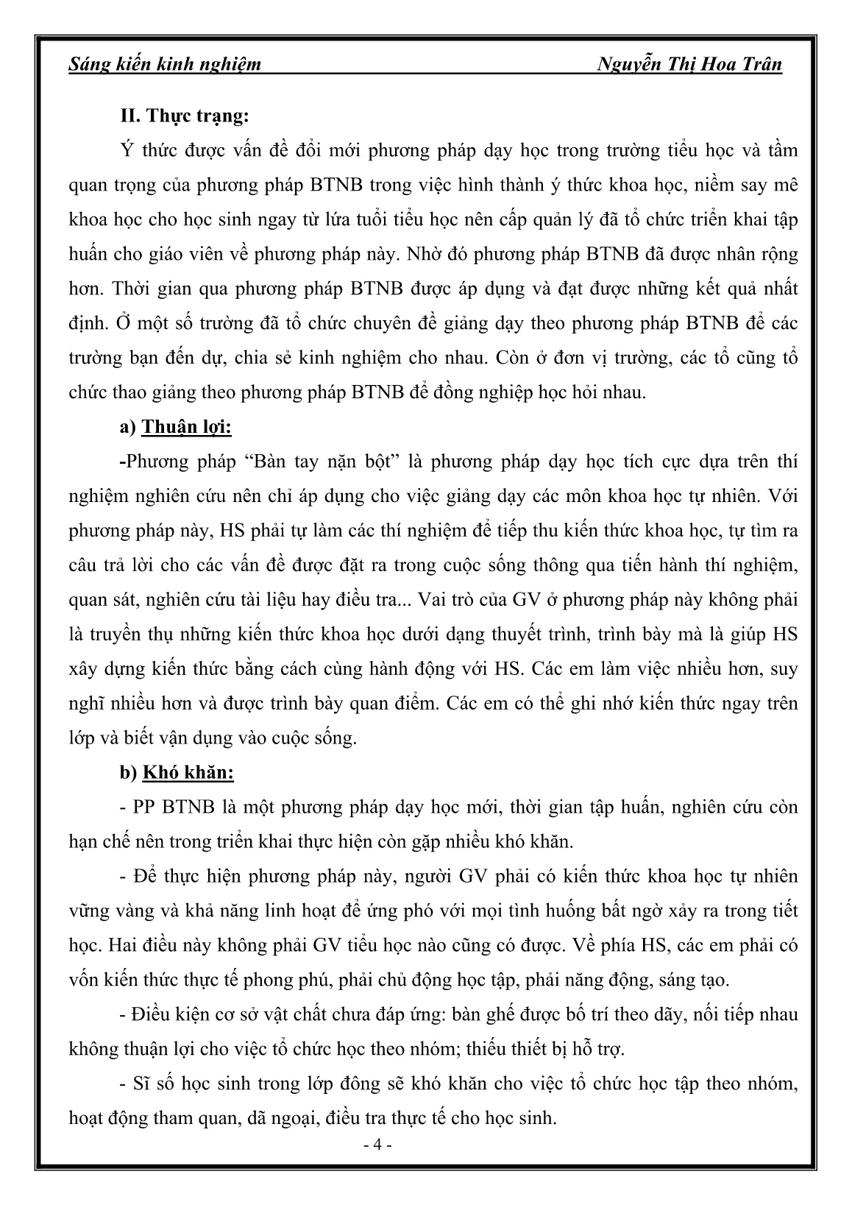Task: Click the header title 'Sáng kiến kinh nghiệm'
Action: (x=164, y=65)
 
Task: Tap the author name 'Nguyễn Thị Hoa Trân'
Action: (x=690, y=65)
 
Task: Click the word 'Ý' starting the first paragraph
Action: (x=125, y=151)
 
